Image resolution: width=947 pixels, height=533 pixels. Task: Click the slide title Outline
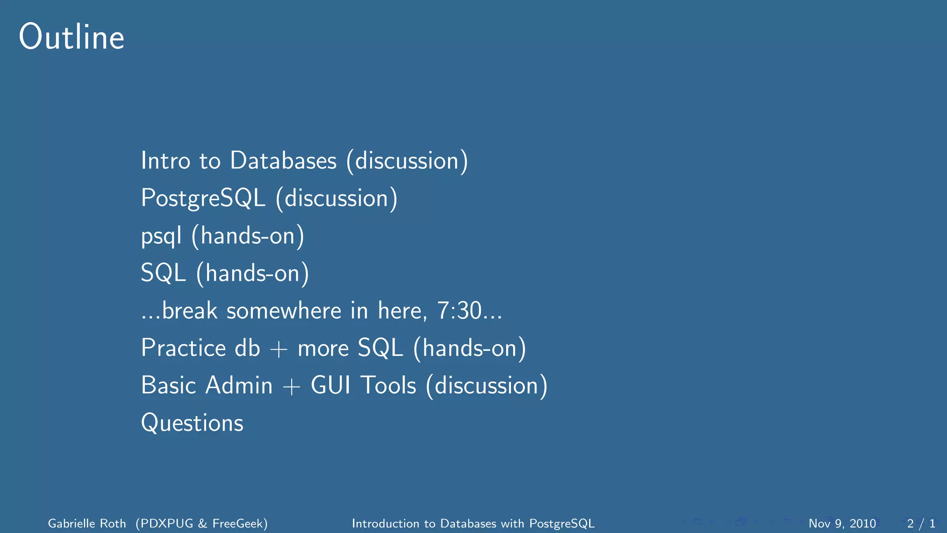[x=72, y=37]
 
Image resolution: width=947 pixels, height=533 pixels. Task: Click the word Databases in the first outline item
[x=283, y=161]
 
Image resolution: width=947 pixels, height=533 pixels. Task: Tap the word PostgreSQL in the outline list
[x=203, y=198]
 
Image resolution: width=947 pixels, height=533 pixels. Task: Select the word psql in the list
[x=161, y=236]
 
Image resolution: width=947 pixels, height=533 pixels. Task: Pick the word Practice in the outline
[x=184, y=348]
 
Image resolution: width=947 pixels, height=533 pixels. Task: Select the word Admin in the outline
[x=239, y=385]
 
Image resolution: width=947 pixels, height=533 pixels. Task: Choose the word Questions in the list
[x=192, y=423]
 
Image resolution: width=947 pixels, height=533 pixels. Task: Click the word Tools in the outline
[x=388, y=385]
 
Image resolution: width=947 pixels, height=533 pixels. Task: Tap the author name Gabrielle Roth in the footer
[x=87, y=523]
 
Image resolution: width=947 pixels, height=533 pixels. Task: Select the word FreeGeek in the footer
[x=238, y=523]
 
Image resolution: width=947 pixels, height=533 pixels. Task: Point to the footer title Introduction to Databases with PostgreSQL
[x=473, y=523]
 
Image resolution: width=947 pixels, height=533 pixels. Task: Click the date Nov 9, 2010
[x=842, y=523]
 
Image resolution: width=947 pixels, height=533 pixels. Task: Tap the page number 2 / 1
[x=921, y=523]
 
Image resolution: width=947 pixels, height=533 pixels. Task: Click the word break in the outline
[x=190, y=310]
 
